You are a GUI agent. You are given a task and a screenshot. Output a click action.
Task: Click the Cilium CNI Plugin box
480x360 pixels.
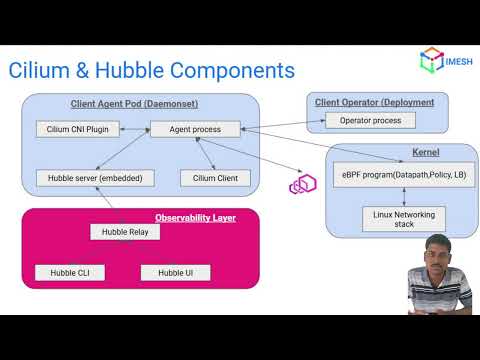(78, 128)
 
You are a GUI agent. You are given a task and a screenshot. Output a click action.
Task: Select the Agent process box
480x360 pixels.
(194, 128)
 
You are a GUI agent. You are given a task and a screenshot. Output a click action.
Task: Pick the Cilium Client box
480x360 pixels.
(208, 177)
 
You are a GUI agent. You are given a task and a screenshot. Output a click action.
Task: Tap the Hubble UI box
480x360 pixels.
(175, 272)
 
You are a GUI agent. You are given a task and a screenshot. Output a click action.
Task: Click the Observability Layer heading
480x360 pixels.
(195, 217)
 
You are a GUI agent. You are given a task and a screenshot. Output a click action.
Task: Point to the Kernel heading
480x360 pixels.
(398, 152)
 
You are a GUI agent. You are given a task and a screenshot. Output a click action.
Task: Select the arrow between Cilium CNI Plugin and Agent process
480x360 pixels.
(135, 128)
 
